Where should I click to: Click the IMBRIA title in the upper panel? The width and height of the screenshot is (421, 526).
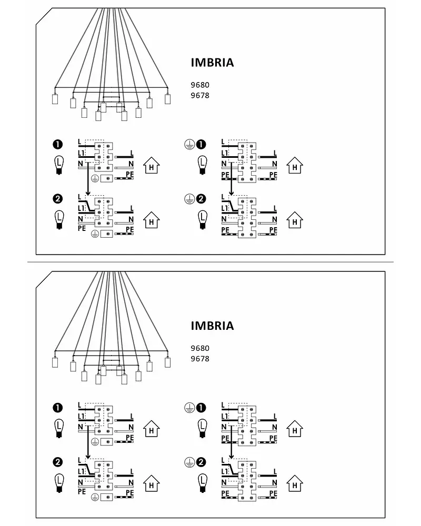coord(212,63)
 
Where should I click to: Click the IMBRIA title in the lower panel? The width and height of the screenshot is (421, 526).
coord(212,326)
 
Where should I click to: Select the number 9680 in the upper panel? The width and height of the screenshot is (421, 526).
coord(200,85)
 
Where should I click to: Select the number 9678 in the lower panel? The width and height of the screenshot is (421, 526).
coord(200,359)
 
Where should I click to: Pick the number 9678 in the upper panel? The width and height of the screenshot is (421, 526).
coord(200,95)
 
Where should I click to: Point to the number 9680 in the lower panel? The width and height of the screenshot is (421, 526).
coord(200,348)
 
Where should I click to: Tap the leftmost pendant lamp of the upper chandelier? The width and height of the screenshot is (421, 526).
coord(55,99)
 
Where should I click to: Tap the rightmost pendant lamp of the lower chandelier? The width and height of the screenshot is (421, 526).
coord(167,362)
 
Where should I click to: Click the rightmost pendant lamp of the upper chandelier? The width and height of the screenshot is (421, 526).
coord(167,99)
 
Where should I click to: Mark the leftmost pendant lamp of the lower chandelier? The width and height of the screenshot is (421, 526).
coord(55,362)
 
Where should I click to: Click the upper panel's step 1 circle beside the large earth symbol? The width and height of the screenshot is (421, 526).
coord(201,145)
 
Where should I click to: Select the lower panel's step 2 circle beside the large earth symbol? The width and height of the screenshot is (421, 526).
coord(201,462)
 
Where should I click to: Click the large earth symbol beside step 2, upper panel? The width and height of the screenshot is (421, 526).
coord(189,199)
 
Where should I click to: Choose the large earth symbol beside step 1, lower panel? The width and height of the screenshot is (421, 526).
coord(189,408)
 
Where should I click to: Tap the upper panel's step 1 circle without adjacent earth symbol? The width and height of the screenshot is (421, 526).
coord(58,145)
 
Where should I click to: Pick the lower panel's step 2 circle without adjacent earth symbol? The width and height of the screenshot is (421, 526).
coord(58,462)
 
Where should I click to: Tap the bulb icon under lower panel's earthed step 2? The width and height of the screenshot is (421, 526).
coord(202,483)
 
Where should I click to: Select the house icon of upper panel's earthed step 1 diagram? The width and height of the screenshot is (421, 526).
coord(294,166)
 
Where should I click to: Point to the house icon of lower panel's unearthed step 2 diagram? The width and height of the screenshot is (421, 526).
coord(152,483)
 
